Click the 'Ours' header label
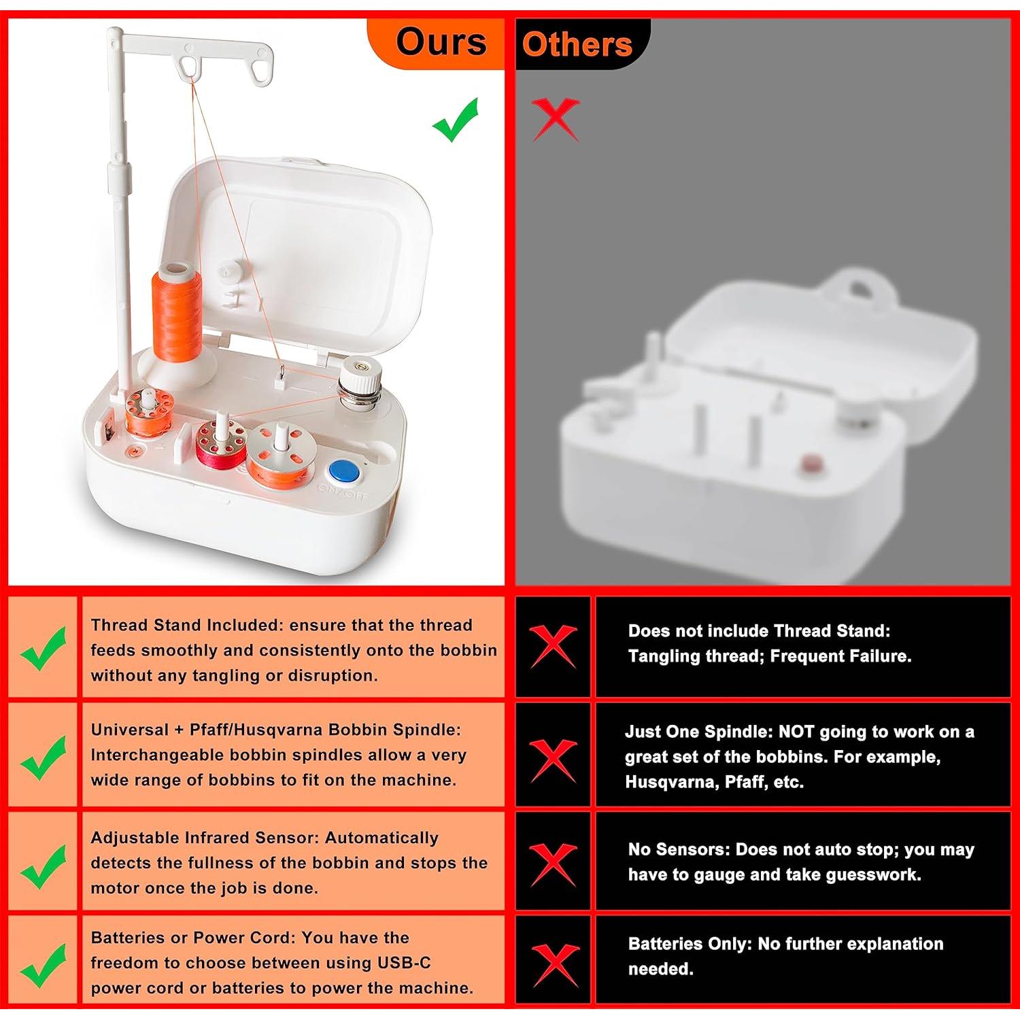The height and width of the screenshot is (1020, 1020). (x=441, y=42)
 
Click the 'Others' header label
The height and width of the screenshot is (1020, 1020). (x=577, y=45)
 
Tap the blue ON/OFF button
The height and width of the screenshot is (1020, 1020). (x=343, y=471)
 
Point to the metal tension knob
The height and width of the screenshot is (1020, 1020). (x=360, y=385)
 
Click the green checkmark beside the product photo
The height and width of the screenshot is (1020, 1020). (x=456, y=120)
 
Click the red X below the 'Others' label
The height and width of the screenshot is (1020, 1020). (x=556, y=118)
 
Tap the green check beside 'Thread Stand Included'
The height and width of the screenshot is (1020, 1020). (x=44, y=648)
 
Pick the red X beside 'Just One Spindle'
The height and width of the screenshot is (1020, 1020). (x=554, y=761)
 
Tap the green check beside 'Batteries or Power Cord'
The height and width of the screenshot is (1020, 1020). (x=44, y=966)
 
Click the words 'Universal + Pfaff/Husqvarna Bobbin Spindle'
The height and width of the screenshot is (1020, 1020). (x=276, y=730)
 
